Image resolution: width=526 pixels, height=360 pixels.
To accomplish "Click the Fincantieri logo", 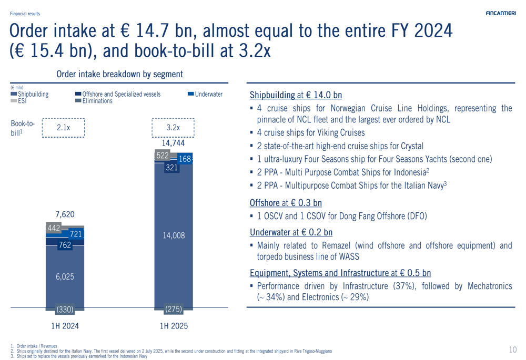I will (501, 14).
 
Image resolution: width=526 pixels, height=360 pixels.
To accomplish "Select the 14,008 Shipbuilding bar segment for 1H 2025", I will (174, 236).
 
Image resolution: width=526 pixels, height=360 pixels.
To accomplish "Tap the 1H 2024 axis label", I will (65, 326).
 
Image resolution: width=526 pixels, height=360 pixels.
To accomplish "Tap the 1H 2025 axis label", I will (174, 326).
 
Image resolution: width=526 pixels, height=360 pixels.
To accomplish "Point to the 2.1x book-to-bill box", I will (64, 128).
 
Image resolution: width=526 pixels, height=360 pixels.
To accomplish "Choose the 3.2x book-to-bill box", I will (173, 128).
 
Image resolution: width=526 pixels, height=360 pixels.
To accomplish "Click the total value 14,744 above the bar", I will (173, 142).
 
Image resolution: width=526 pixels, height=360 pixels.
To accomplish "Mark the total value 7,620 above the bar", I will (65, 214).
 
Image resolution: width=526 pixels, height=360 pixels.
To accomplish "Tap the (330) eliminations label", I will (65, 310).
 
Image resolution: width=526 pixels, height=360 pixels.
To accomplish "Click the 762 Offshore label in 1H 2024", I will (65, 245).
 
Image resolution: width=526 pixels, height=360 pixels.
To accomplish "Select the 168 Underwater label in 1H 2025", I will (185, 159).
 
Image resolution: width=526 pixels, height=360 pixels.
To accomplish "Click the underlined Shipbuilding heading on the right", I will (272, 95).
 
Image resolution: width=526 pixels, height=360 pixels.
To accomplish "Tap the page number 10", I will (513, 349).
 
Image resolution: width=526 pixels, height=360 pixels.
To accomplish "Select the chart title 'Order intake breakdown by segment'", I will (119, 75).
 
